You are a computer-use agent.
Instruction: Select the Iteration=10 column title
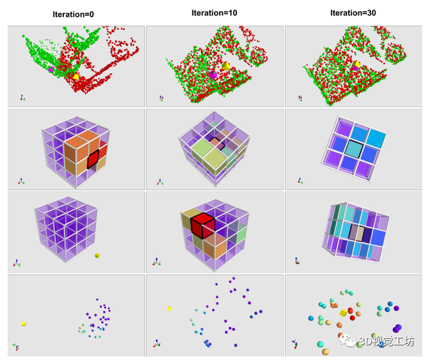click(215, 13)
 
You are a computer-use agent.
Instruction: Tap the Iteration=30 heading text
click(353, 13)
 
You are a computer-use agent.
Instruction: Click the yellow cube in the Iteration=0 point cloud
click(77, 77)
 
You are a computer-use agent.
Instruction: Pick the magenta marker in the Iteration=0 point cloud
click(50, 69)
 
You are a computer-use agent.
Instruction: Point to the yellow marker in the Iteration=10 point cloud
click(226, 66)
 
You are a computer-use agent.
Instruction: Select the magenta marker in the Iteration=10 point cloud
click(213, 75)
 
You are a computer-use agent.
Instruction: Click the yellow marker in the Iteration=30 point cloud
click(358, 65)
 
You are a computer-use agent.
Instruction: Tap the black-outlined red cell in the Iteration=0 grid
click(93, 158)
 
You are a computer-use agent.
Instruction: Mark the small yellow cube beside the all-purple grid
click(97, 255)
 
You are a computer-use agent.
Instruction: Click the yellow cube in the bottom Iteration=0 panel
click(24, 324)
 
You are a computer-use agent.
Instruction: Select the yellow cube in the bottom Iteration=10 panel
click(169, 308)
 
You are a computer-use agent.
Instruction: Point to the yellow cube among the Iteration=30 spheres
click(344, 313)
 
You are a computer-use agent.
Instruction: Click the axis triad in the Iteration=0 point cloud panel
click(22, 97)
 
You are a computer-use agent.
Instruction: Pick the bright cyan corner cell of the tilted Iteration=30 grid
click(376, 139)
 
